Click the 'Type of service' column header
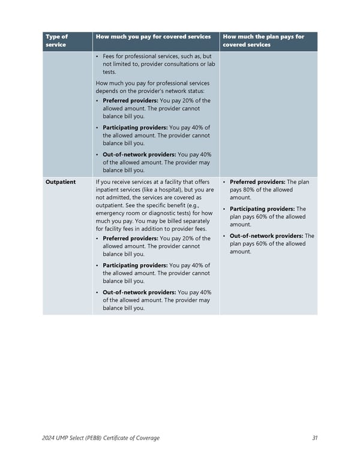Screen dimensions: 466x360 56,41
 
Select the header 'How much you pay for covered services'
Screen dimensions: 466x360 153,37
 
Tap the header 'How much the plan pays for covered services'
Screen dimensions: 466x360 263,41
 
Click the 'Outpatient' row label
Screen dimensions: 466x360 61,182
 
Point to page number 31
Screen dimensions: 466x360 315,438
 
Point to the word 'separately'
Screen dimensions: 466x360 191,221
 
